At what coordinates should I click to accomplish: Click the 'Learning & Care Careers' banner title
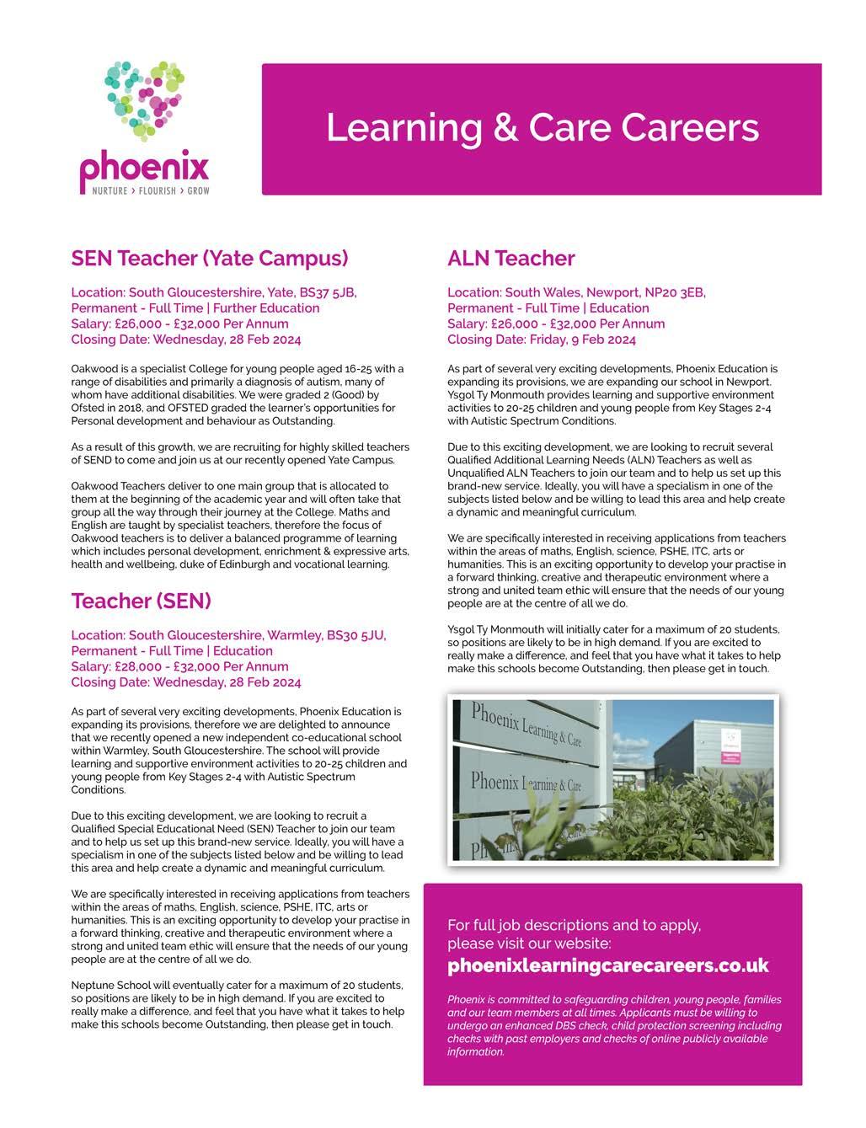[542, 128]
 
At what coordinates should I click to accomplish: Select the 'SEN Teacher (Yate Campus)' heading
[210, 258]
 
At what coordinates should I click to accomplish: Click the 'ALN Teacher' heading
[511, 258]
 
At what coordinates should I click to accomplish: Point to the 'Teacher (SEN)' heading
[141, 601]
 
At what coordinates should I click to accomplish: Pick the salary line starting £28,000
[179, 666]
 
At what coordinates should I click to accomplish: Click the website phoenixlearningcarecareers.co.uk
[607, 965]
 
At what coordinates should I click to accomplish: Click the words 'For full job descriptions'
[526, 925]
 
